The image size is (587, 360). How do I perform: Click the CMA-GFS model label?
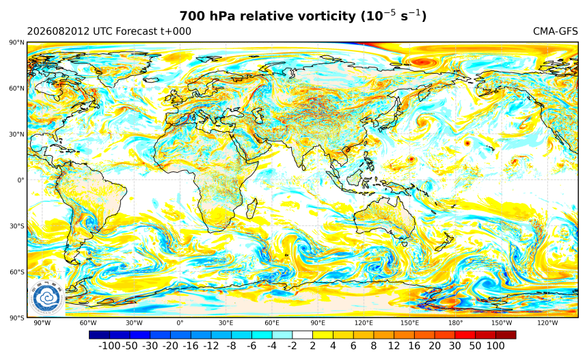coord(556,31)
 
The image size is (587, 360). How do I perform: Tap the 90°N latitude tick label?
coord(17,42)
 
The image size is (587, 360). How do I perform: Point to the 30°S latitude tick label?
coord(17,226)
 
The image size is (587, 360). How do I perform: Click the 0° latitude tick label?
coord(21,180)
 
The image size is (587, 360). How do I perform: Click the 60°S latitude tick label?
coord(17,272)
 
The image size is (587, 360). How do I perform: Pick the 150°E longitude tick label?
coord(409,323)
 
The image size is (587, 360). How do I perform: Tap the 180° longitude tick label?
coord(456,323)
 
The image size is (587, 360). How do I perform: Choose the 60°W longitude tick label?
coord(88,323)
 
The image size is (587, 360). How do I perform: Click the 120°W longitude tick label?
coord(547,323)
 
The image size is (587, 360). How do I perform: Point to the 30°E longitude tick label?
coord(226,323)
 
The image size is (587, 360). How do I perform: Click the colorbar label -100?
coord(109,346)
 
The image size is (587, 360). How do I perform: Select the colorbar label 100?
coord(495,346)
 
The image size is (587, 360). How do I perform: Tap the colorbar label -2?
coord(292,346)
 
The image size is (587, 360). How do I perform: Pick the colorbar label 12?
coord(394,346)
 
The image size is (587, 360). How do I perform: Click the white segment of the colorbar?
coord(303,335)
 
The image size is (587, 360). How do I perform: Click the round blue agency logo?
coord(46,299)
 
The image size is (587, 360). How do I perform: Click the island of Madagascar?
coord(252,209)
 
